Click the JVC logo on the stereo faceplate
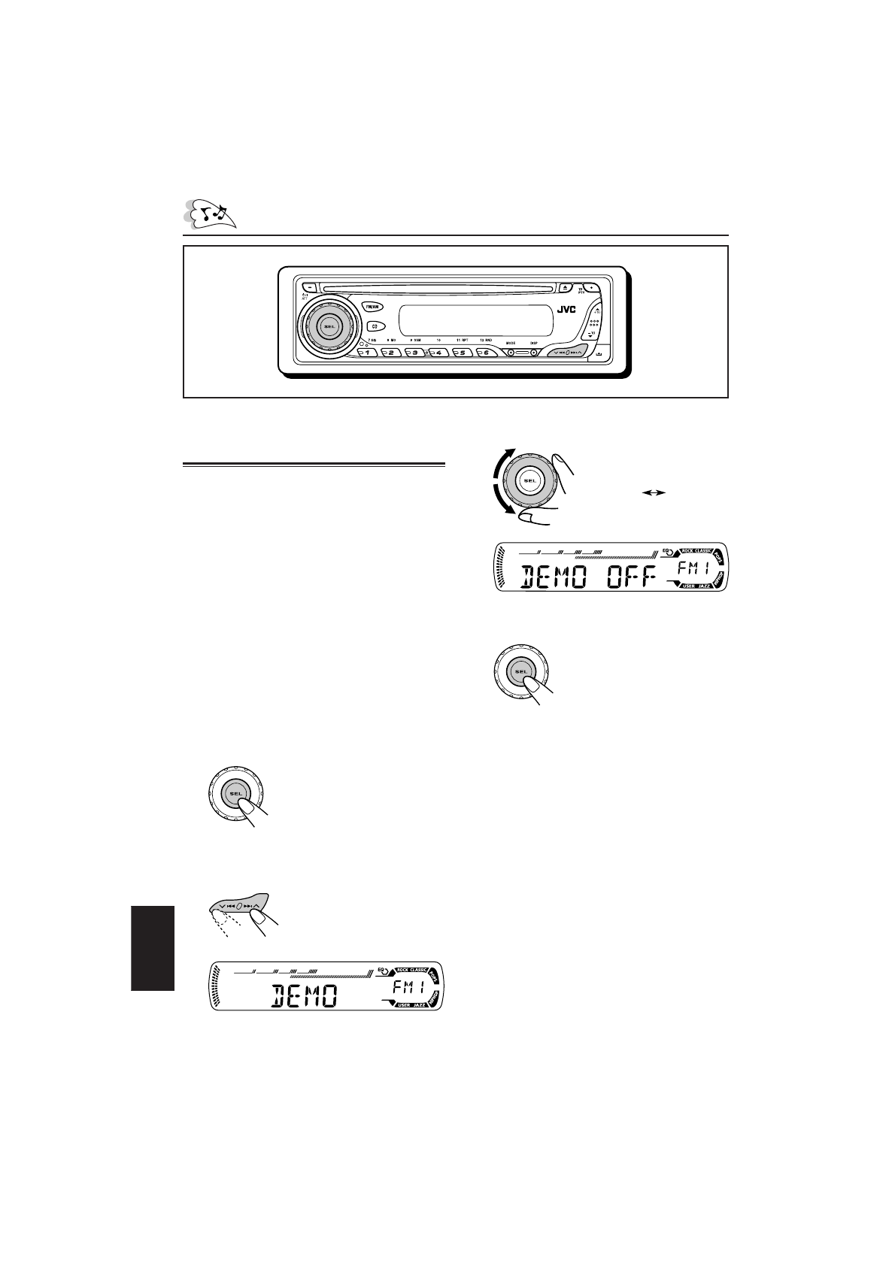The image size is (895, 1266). click(567, 309)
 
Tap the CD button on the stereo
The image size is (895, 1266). click(373, 326)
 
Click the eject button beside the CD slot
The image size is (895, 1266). click(566, 286)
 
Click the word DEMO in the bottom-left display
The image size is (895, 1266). click(304, 998)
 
